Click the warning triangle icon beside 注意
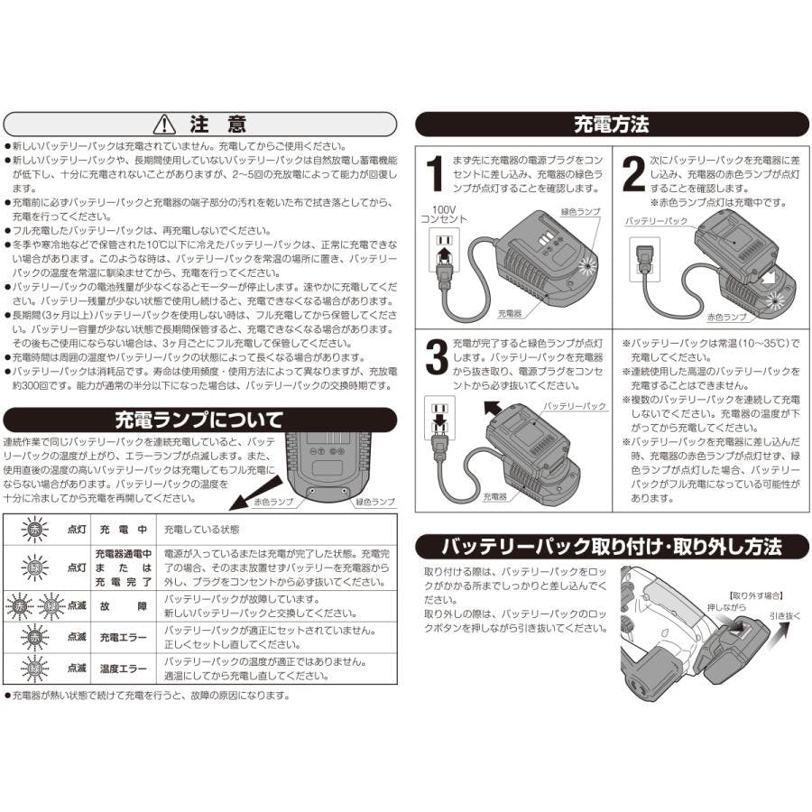[x=165, y=124]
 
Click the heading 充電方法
[x=612, y=125]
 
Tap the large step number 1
[x=435, y=173]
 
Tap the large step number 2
[x=633, y=173]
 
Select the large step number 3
[x=437, y=356]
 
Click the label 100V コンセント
[x=443, y=215]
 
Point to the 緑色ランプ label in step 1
[x=580, y=212]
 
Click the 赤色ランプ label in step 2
[x=727, y=317]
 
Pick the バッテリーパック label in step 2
[x=656, y=221]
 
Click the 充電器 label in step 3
[x=494, y=496]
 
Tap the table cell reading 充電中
[x=124, y=530]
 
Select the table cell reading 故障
[x=124, y=606]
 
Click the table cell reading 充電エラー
[x=124, y=638]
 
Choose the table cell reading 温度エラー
[x=124, y=669]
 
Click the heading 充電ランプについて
[x=199, y=420]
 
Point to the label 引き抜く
[x=785, y=615]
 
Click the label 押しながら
[x=727, y=607]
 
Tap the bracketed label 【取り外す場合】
[x=755, y=596]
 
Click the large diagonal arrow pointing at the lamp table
[x=255, y=494]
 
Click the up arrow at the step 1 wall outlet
[x=443, y=256]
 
